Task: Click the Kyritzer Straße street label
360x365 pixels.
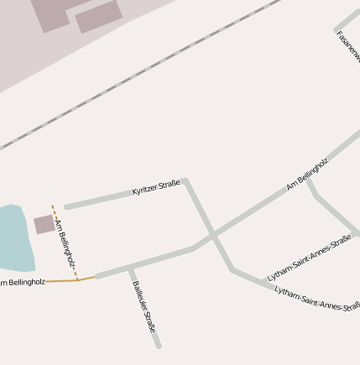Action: (156, 188)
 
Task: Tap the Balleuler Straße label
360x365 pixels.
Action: (143, 306)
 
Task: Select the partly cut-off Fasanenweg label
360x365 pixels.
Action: (347, 45)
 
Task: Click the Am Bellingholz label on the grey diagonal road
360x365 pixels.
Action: (307, 173)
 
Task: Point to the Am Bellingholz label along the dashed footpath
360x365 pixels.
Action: (65, 243)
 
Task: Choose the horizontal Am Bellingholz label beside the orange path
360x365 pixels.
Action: (23, 283)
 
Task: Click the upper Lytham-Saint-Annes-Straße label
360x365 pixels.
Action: (309, 258)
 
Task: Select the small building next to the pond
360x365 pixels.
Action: (44, 224)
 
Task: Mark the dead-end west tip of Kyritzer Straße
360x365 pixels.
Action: (67, 206)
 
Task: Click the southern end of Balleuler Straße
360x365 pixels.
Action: (158, 344)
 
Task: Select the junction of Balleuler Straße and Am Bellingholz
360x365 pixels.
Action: (130, 269)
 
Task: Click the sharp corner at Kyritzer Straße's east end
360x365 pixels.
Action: (185, 180)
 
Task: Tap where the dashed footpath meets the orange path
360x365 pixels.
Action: (78, 279)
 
